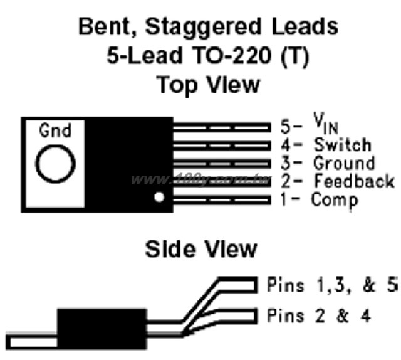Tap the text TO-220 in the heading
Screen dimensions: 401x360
(x=232, y=55)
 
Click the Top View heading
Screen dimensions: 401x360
(x=208, y=85)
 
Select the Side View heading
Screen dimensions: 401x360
(x=201, y=249)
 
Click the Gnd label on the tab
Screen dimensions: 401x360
(x=55, y=130)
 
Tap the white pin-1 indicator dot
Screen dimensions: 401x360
(x=159, y=197)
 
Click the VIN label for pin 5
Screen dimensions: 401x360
(x=326, y=124)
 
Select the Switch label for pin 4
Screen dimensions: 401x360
(x=343, y=145)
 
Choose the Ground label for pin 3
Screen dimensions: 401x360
(x=344, y=163)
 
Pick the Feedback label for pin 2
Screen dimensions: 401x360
(x=354, y=181)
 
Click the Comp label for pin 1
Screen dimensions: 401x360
(x=334, y=201)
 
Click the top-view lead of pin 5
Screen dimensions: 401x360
(x=222, y=127)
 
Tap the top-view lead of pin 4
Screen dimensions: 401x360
(x=222, y=146)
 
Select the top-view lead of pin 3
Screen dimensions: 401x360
(x=222, y=164)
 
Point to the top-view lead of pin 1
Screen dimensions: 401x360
(x=222, y=200)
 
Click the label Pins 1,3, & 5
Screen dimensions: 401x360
(x=332, y=285)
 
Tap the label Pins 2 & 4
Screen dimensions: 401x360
(x=319, y=315)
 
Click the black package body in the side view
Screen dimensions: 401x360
(x=102, y=329)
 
